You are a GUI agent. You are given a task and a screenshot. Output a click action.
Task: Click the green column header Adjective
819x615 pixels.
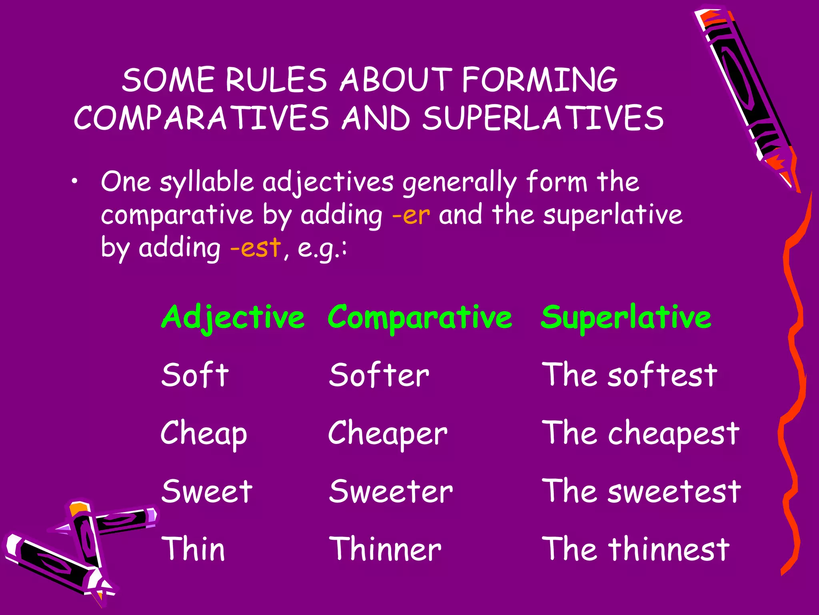[x=233, y=318]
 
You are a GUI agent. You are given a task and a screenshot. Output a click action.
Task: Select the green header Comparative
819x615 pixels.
[x=419, y=318]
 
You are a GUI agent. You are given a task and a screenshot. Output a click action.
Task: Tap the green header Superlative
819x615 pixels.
[x=626, y=318]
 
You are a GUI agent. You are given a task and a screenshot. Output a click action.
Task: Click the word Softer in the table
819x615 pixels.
[x=379, y=375]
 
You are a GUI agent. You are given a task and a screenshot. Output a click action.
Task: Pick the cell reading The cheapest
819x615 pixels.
[x=640, y=434]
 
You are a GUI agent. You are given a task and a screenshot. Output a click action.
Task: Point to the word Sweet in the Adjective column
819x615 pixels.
[x=207, y=491]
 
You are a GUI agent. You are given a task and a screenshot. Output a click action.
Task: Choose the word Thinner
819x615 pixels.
[x=385, y=549]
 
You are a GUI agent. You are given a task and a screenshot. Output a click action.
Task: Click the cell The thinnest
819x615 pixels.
[x=635, y=549]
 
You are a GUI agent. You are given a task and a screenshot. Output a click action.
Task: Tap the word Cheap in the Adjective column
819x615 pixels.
[x=204, y=434]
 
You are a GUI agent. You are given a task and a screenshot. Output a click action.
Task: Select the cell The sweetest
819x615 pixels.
[x=641, y=491]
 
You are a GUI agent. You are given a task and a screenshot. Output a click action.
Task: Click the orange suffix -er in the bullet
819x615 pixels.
[x=411, y=215]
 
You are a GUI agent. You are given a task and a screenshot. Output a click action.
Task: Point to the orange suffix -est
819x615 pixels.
[x=256, y=248]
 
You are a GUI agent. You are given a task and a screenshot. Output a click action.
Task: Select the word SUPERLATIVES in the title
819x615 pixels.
[x=543, y=118]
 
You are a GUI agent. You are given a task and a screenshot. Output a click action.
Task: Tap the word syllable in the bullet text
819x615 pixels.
[x=207, y=183]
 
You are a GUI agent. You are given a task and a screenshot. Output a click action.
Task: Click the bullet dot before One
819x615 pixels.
[x=74, y=182]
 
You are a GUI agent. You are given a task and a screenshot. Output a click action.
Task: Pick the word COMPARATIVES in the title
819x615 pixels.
[x=201, y=118]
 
